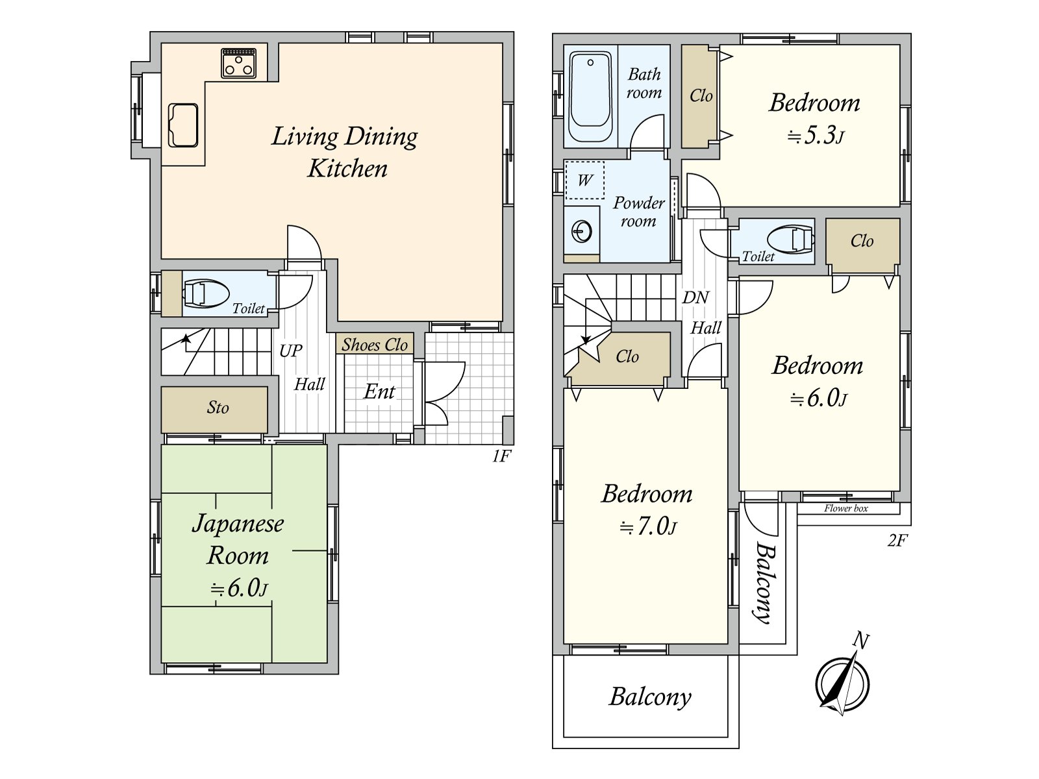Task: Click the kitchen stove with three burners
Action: [238, 63]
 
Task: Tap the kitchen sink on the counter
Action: [182, 125]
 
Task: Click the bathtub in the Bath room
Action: [590, 97]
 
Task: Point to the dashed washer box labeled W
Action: [585, 180]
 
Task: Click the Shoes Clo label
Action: [375, 345]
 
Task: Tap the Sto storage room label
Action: [218, 407]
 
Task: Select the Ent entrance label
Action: [379, 391]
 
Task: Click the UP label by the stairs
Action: [291, 351]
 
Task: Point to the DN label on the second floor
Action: [695, 297]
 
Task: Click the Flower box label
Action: [846, 508]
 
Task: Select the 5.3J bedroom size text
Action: [816, 136]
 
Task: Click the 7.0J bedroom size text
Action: [648, 526]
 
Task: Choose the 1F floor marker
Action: [502, 456]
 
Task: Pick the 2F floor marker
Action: [897, 540]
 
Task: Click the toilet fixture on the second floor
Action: [790, 240]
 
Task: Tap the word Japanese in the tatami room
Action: [238, 524]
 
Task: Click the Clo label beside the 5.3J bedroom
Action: [701, 96]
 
